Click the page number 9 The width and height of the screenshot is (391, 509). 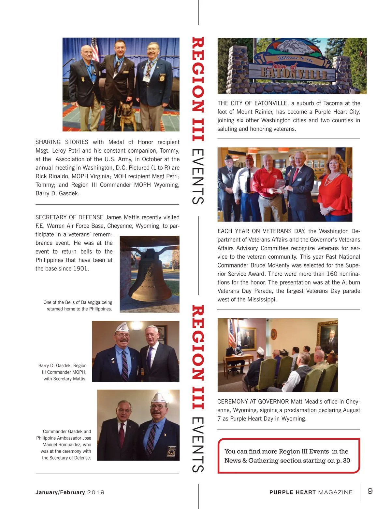[370, 491]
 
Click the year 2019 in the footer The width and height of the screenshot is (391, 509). [96, 492]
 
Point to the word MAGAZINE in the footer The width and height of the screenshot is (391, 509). [335, 492]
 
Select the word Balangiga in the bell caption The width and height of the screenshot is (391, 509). [91, 302]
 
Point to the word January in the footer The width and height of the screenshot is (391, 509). [47, 492]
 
